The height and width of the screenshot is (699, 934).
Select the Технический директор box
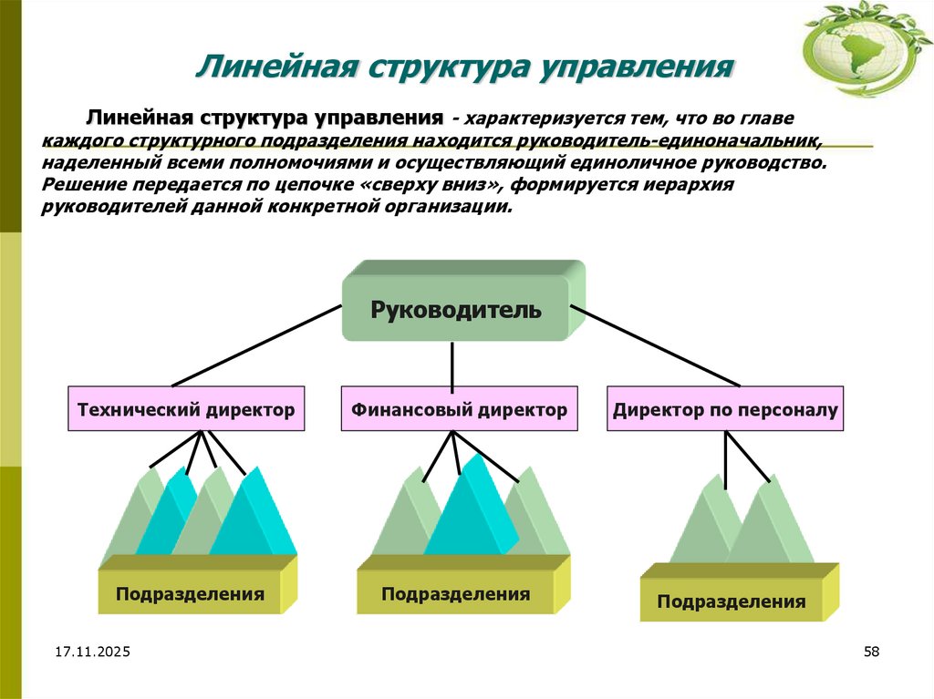tap(186, 410)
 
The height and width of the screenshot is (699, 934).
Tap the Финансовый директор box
tap(460, 410)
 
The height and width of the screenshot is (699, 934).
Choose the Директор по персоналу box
tap(725, 410)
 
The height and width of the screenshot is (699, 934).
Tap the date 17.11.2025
tap(92, 652)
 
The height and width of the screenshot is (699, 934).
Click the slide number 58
tap(870, 652)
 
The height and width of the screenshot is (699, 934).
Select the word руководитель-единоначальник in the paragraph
tap(674, 142)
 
